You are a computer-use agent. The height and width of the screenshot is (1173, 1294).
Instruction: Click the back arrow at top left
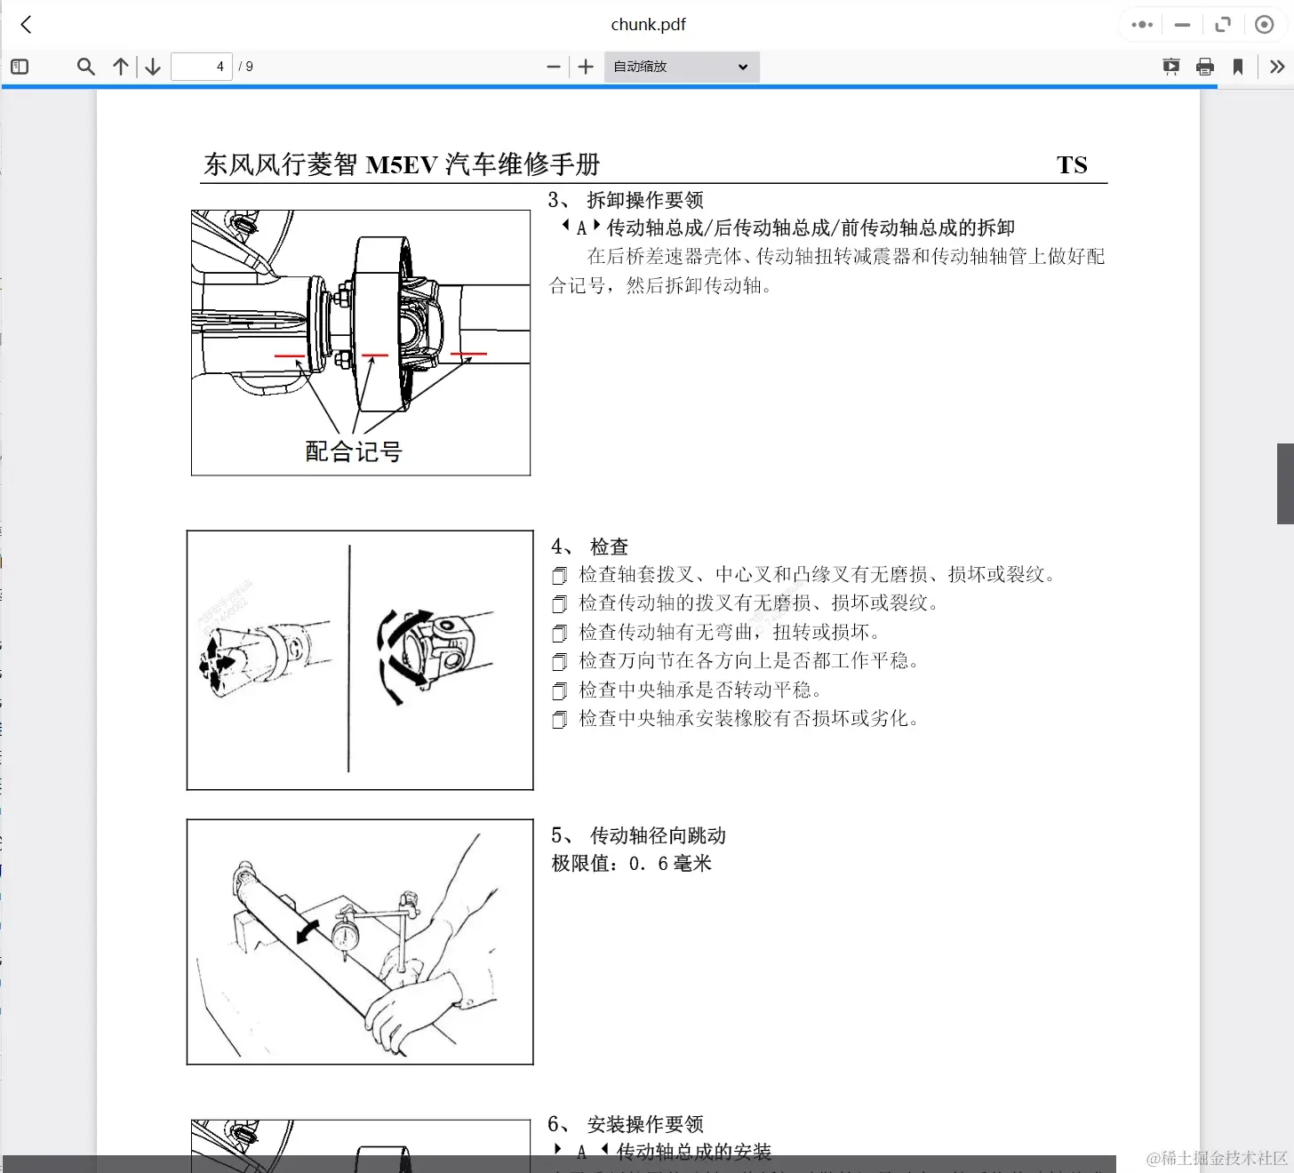click(x=26, y=25)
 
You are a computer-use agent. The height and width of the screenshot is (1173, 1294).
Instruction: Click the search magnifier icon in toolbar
click(x=85, y=67)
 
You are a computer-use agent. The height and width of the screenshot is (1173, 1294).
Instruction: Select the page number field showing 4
click(x=202, y=67)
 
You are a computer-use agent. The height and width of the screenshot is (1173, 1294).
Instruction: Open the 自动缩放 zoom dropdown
click(x=681, y=67)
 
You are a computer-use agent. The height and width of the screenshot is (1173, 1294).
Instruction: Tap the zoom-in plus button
click(x=586, y=67)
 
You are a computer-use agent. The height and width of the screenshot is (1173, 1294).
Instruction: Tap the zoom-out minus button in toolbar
click(x=553, y=67)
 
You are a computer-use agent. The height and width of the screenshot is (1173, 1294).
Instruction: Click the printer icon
click(x=1205, y=67)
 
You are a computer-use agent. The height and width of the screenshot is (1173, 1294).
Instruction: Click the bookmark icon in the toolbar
click(x=1238, y=67)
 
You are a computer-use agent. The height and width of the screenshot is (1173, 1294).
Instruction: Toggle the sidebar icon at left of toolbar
click(x=20, y=67)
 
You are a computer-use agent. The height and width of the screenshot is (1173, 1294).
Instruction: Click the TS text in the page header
click(x=1072, y=164)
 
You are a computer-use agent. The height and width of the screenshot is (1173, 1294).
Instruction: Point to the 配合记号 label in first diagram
click(x=354, y=451)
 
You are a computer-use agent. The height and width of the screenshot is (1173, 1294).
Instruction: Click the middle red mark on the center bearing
click(x=375, y=355)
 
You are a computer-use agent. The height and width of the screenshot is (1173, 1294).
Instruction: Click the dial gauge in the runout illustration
click(x=345, y=936)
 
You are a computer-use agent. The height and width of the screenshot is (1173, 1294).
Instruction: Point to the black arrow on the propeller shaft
click(x=308, y=930)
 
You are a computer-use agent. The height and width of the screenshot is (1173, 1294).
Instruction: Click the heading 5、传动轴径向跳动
click(x=638, y=835)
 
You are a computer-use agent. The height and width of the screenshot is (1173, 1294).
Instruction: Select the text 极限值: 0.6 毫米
click(x=631, y=864)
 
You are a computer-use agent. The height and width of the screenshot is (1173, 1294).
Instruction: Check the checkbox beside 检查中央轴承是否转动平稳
click(x=559, y=691)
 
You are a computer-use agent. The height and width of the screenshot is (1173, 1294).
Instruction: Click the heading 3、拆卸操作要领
click(x=626, y=200)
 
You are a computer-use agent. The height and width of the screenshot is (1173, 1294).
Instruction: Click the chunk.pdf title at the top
click(x=648, y=25)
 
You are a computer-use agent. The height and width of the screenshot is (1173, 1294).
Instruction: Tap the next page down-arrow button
click(x=153, y=67)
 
